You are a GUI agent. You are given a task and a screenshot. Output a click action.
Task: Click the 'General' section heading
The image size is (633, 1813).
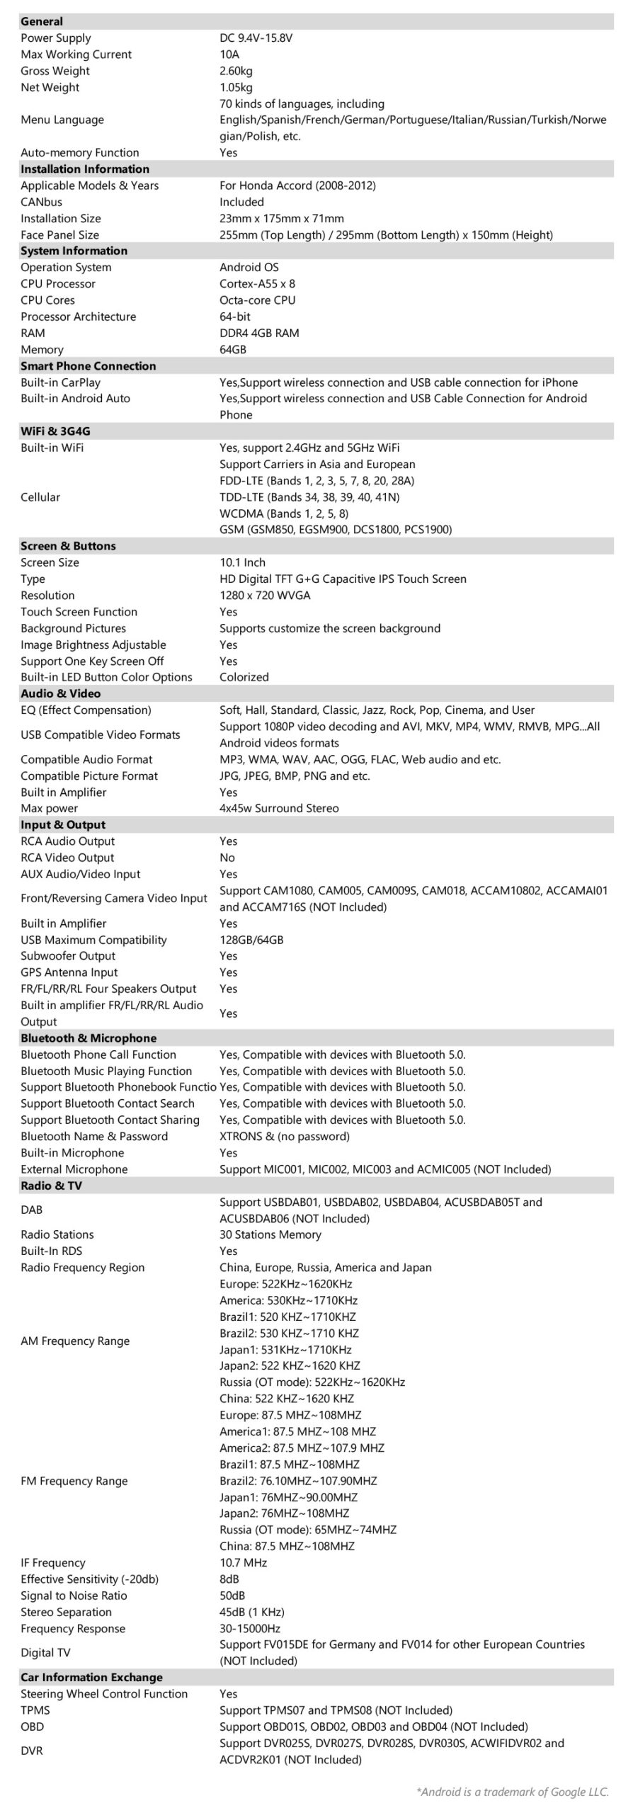42,21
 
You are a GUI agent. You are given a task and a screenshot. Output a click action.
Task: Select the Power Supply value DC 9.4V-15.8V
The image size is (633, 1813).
256,38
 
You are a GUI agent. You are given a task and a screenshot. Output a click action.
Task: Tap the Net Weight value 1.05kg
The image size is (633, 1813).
236,88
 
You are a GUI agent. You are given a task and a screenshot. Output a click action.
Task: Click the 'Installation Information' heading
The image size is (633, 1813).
85,169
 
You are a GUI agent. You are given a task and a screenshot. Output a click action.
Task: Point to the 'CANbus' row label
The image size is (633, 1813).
41,202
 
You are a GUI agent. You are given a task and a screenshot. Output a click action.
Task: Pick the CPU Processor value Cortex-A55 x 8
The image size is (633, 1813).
257,284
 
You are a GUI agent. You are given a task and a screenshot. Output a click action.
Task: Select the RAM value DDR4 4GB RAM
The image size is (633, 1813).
259,333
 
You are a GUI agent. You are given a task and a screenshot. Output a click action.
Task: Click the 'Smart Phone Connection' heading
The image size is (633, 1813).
89,366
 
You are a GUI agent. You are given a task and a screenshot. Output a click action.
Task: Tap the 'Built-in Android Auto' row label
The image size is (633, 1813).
75,399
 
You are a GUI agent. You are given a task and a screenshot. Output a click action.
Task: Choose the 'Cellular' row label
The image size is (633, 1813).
40,497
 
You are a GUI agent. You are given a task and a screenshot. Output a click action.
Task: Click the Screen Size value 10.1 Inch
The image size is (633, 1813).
242,563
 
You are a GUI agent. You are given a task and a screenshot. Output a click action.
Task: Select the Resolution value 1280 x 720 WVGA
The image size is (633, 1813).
265,596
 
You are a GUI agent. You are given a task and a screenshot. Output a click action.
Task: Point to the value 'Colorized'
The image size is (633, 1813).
244,677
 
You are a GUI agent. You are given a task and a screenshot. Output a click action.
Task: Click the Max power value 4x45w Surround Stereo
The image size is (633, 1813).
279,809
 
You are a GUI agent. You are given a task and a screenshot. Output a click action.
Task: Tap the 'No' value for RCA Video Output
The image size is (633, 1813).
227,858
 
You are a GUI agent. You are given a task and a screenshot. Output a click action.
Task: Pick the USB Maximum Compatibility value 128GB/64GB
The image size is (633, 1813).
251,940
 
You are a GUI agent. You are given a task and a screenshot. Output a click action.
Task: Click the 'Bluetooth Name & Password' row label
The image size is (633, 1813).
94,1137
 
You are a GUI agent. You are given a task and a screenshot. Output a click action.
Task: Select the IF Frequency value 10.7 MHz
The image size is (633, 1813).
243,1563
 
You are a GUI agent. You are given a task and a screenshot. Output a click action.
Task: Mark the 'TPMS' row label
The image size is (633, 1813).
35,1710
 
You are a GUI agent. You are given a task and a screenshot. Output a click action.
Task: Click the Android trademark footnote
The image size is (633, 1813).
513,1792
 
